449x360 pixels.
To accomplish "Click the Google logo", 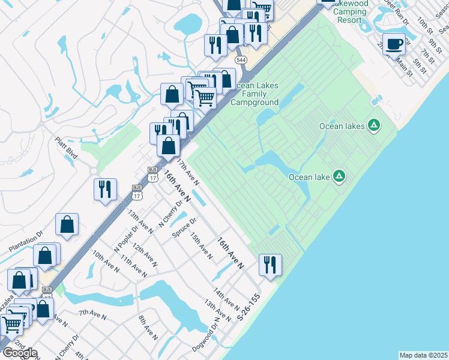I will click(x=20, y=352).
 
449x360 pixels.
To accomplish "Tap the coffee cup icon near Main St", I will click(x=394, y=44).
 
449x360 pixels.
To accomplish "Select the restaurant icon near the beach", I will click(x=270, y=264).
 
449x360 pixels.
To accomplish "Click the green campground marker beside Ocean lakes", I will click(x=373, y=125).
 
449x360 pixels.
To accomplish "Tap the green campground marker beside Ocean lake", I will click(x=339, y=176).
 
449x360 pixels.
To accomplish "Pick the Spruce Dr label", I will click(x=184, y=227).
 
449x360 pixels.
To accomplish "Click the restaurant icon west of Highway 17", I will click(x=105, y=189).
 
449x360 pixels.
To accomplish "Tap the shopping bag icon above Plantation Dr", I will click(x=67, y=225).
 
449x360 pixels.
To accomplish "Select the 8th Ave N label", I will click(x=148, y=328).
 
